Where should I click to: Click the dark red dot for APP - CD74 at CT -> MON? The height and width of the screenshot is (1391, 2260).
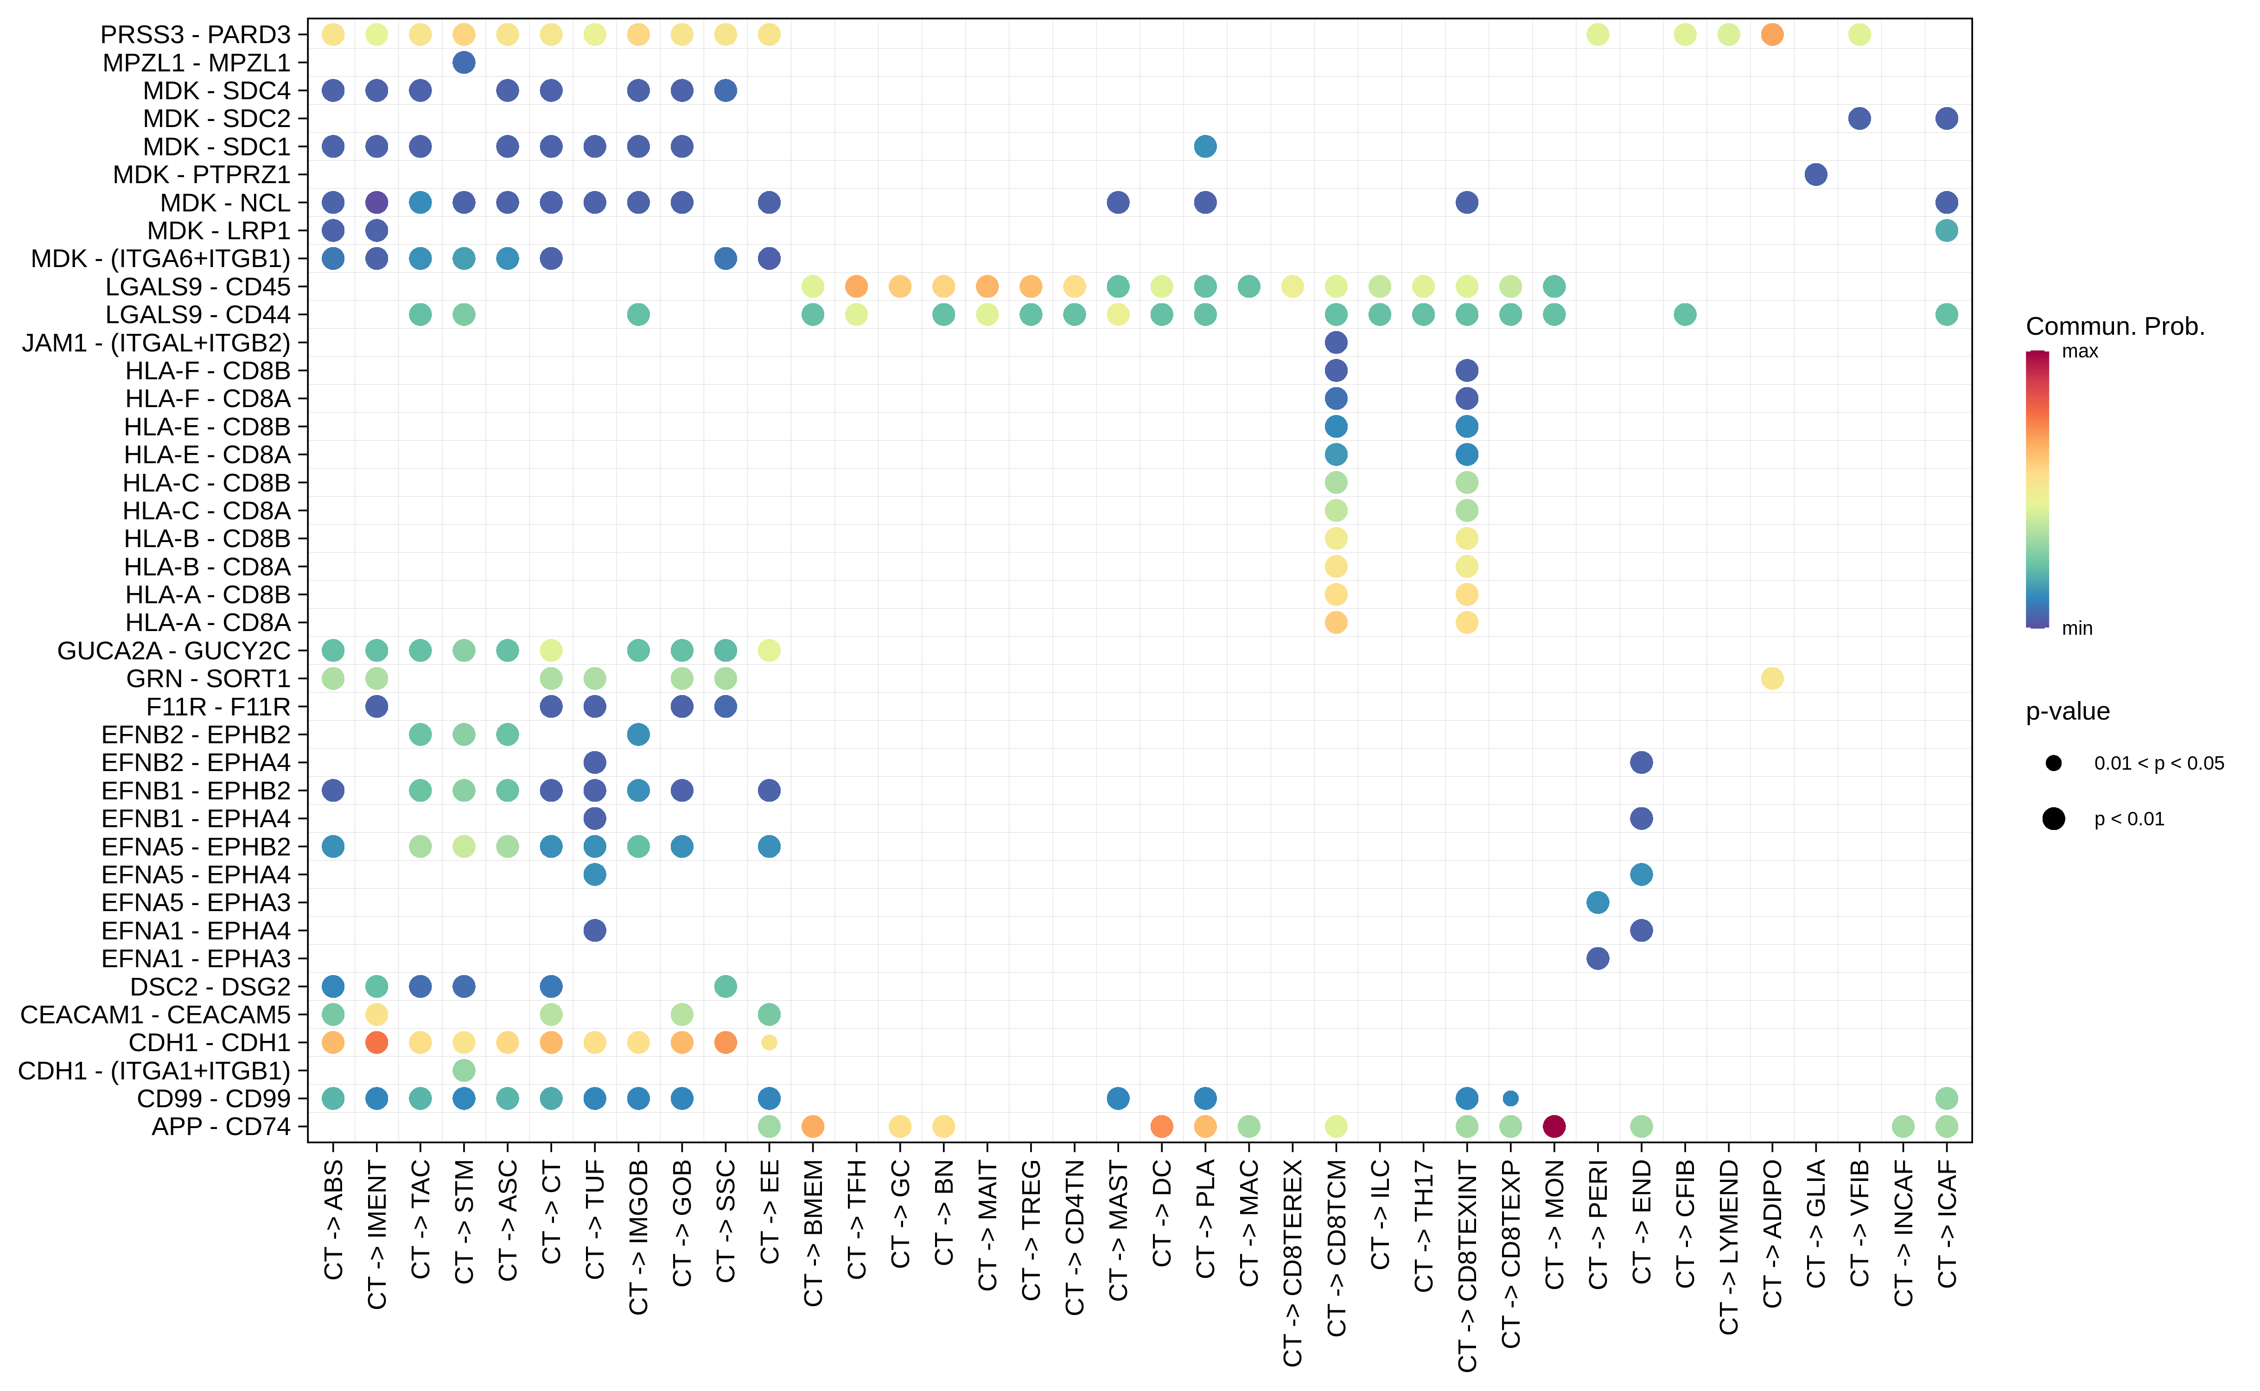(x=1553, y=1126)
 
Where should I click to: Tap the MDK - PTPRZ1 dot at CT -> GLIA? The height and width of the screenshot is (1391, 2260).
(x=1815, y=174)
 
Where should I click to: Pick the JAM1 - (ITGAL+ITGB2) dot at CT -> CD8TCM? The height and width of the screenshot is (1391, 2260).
(x=1336, y=342)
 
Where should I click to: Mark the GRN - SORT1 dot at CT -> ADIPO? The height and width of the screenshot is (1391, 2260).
(x=1771, y=678)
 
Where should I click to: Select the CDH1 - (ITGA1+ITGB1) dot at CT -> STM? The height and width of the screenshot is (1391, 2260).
(x=464, y=1070)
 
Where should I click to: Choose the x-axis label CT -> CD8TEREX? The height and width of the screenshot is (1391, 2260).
(x=1292, y=1262)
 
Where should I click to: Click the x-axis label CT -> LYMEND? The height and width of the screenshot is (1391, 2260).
(x=1728, y=1246)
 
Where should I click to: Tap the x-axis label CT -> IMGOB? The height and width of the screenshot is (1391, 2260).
(x=638, y=1237)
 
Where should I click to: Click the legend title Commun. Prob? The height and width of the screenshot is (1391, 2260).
(x=2115, y=326)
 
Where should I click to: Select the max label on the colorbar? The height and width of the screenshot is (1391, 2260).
(x=2080, y=351)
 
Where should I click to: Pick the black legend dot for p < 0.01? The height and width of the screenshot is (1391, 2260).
(x=2053, y=819)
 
